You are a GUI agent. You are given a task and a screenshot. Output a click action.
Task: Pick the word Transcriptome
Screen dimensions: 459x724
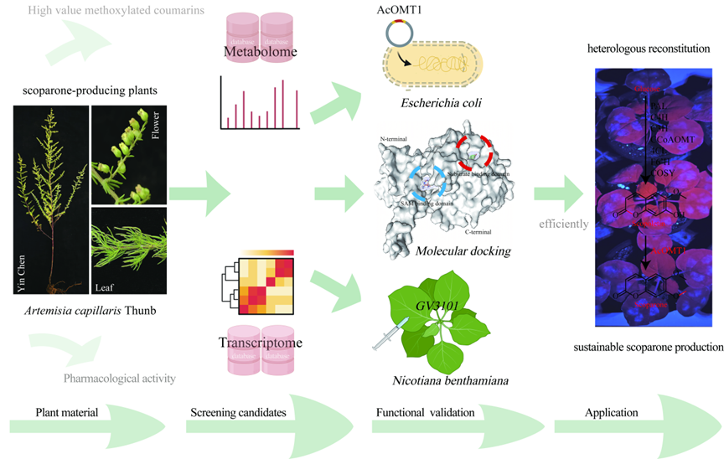260,343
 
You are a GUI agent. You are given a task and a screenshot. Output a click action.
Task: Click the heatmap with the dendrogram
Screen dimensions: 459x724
261,286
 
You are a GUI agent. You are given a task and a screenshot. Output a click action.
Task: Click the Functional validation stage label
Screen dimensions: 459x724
425,413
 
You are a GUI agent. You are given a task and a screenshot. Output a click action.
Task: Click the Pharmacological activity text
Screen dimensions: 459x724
119,378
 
